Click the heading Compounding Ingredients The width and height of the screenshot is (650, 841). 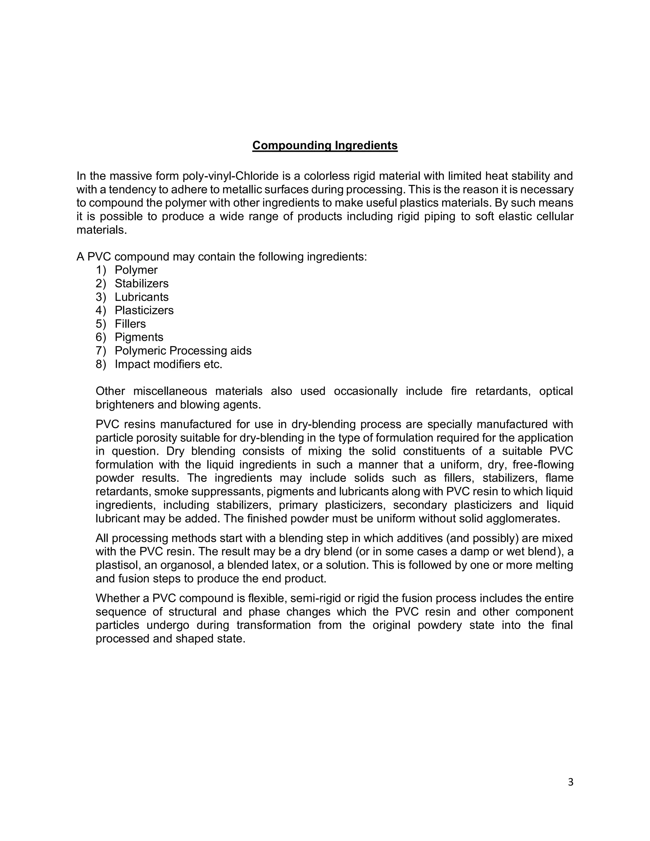point(325,146)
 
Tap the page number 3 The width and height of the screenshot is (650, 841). point(570,782)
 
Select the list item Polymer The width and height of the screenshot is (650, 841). point(136,270)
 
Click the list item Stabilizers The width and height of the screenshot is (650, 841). point(141,283)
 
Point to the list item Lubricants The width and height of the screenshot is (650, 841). point(141,297)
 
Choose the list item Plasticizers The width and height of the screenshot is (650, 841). point(144,310)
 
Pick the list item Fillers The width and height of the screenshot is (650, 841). point(130,324)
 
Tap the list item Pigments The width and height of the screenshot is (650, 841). point(139,337)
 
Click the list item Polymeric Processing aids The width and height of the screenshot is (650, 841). point(183,351)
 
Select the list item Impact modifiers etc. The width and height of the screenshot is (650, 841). point(168,364)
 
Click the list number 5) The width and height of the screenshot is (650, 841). point(101,324)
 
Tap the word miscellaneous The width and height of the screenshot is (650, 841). point(170,391)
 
